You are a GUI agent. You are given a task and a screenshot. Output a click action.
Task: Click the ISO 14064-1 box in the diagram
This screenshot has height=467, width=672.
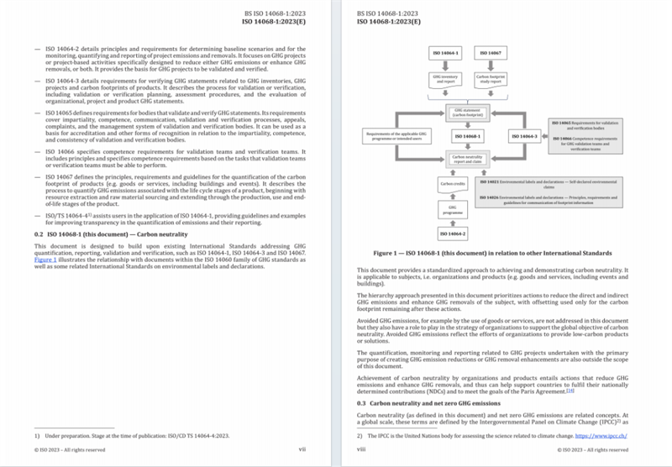[446, 53]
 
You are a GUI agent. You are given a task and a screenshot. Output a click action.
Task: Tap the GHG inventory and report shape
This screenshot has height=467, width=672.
[446, 80]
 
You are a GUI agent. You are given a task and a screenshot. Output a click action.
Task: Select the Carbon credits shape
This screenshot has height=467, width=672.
[453, 182]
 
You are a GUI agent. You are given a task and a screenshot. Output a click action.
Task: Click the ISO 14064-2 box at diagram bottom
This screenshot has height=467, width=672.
[453, 233]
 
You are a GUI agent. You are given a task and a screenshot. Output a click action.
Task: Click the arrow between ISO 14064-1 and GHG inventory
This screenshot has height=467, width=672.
[446, 66]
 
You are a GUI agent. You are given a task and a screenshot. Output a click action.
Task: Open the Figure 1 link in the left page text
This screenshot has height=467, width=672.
[45, 260]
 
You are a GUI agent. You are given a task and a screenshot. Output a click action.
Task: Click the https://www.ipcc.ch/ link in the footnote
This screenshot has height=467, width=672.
[601, 436]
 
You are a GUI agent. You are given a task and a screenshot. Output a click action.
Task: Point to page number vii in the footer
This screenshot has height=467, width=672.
[302, 449]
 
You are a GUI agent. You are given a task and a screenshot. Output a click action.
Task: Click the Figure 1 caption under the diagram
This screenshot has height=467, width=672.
[492, 253]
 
